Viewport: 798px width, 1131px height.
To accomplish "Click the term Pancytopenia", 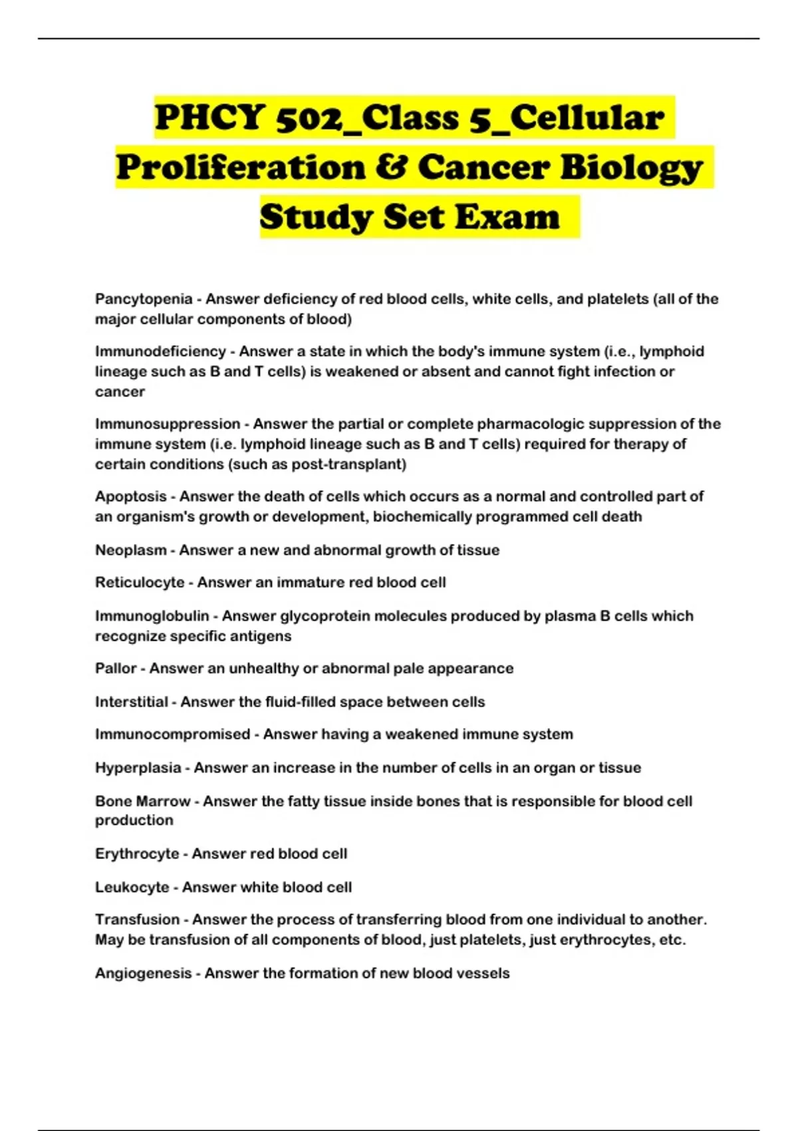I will pos(144,299).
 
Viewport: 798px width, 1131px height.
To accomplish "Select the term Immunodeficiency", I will pos(160,351).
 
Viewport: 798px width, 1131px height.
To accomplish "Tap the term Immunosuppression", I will pos(168,424).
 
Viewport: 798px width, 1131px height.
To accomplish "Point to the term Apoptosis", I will pos(131,496).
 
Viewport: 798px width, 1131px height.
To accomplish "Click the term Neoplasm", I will pos(131,550).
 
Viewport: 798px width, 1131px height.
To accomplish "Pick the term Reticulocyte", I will pos(140,582).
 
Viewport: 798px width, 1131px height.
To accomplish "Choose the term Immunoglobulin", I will pos(152,616).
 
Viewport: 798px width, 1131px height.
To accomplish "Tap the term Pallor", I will pos(116,668).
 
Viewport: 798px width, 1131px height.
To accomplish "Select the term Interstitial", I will pos(132,702).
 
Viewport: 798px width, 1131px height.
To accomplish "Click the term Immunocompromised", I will pos(172,734).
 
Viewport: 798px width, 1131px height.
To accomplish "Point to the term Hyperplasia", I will pos(138,768).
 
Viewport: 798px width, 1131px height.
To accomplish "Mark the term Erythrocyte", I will pos(137,854).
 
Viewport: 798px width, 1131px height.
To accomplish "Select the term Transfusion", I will pos(138,919).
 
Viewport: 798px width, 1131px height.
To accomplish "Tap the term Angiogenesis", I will pos(143,973).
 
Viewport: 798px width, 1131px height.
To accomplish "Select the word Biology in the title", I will pos(630,168).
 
